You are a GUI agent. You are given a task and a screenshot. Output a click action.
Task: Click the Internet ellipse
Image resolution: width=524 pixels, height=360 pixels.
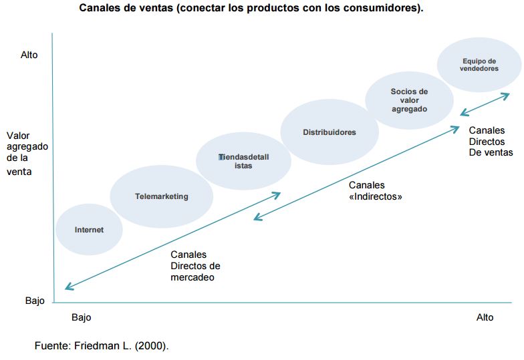pyautogui.click(x=89, y=229)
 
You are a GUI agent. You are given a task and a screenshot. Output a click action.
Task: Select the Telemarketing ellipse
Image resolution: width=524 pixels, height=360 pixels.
pyautogui.click(x=161, y=196)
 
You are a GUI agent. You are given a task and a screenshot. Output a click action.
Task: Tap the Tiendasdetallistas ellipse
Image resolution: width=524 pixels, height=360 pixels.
pyautogui.click(x=243, y=161)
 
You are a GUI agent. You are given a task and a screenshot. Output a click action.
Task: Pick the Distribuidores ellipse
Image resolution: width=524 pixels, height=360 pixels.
pyautogui.click(x=329, y=132)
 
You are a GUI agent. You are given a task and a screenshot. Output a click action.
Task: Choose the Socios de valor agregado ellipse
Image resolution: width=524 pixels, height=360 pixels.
pyautogui.click(x=409, y=100)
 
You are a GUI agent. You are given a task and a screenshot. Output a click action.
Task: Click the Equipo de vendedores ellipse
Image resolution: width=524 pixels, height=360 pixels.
pyautogui.click(x=479, y=65)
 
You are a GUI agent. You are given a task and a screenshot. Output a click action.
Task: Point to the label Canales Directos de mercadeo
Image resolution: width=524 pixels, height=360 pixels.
pyautogui.click(x=195, y=266)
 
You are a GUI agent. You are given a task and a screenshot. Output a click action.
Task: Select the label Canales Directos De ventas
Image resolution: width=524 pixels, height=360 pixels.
pyautogui.click(x=491, y=142)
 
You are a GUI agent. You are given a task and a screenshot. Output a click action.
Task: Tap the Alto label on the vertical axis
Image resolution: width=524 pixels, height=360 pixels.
pyautogui.click(x=29, y=55)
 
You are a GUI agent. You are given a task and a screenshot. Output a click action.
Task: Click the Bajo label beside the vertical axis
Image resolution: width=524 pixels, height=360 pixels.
pyautogui.click(x=35, y=301)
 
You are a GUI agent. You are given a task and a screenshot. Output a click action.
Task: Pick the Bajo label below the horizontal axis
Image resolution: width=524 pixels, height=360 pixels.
pyautogui.click(x=81, y=317)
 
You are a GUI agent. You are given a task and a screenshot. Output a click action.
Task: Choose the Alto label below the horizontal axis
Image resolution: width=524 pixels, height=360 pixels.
pyautogui.click(x=485, y=317)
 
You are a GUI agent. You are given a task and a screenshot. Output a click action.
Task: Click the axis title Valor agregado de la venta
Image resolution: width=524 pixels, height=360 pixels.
pyautogui.click(x=27, y=154)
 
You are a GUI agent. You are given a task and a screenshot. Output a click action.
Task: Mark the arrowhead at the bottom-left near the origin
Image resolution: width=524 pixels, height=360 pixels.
pyautogui.click(x=67, y=288)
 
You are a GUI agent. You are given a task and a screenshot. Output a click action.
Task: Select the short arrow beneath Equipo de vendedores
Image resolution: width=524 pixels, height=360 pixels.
pyautogui.click(x=485, y=105)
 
